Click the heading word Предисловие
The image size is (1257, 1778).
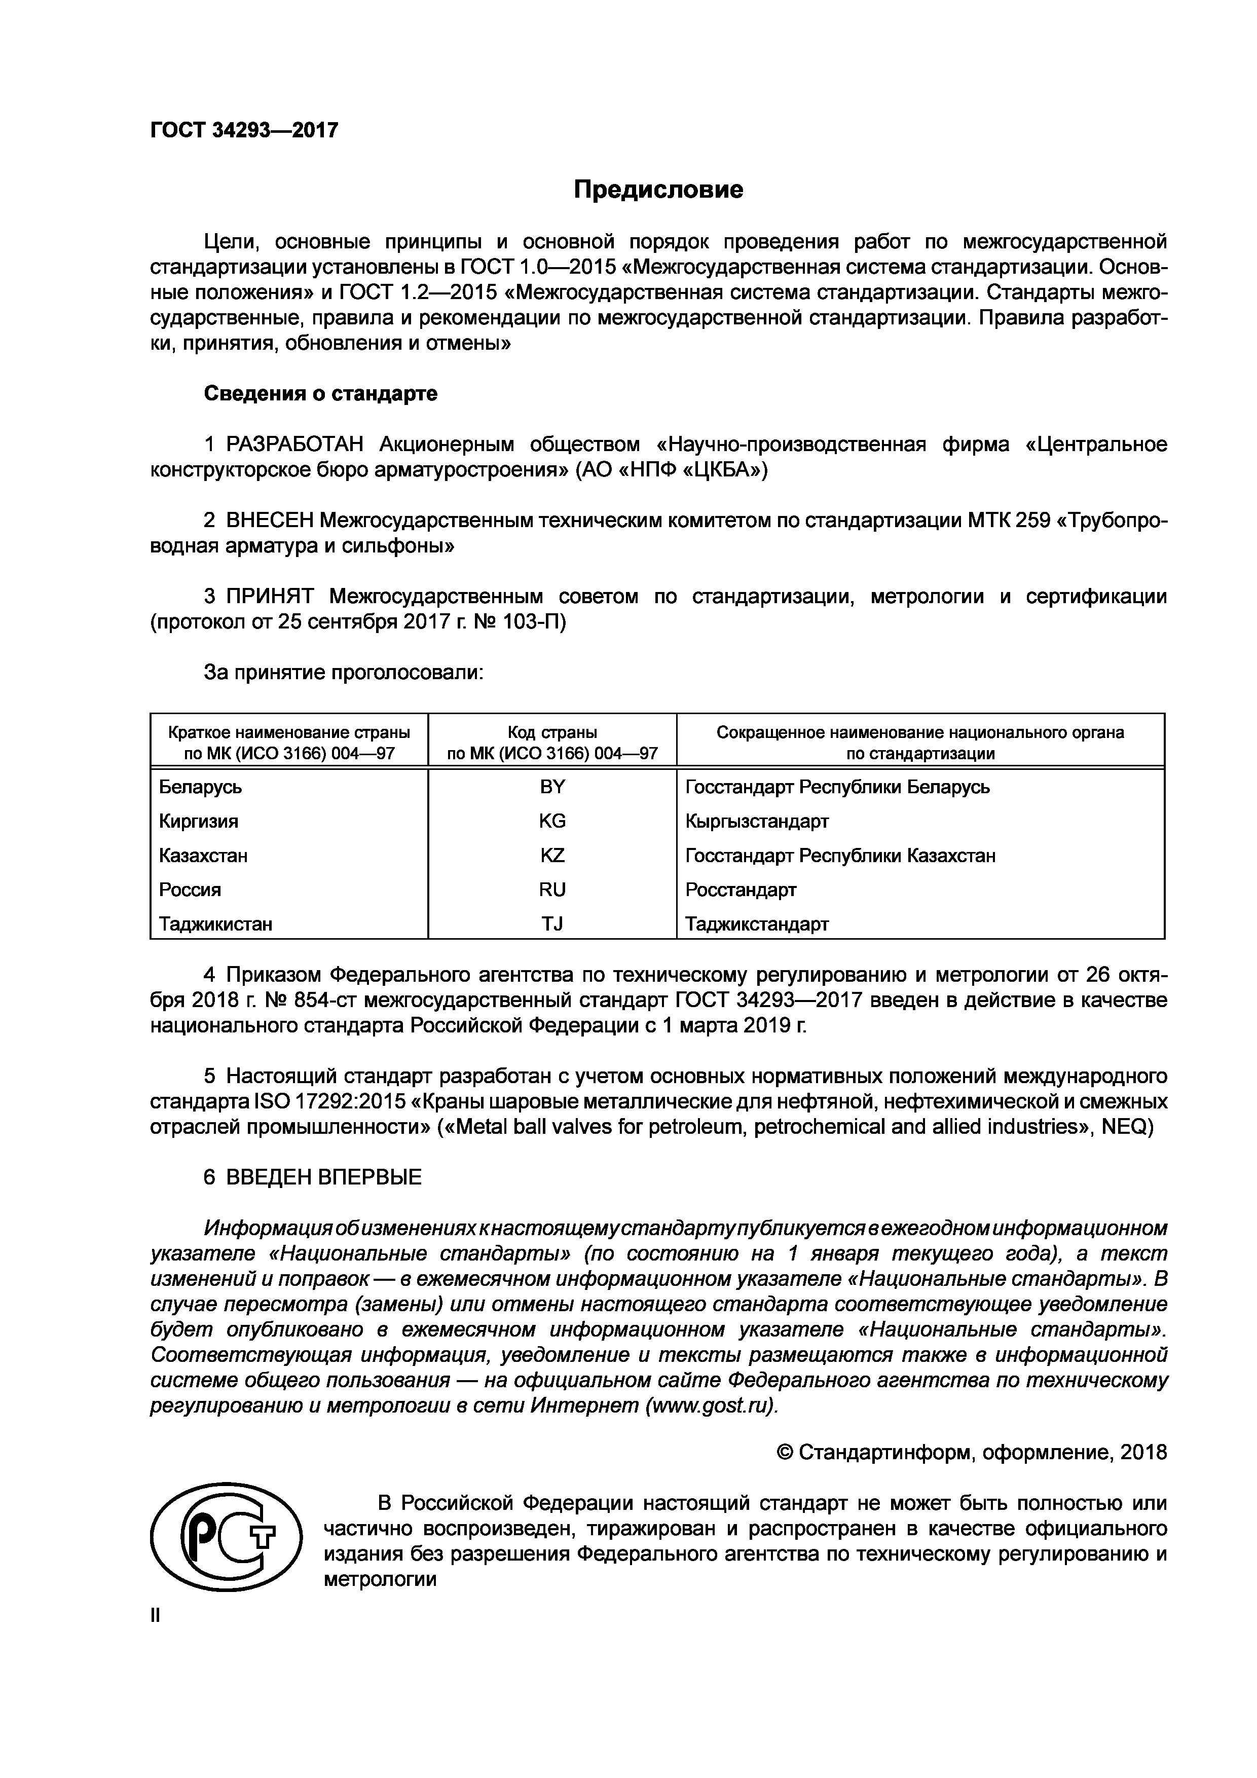pyautogui.click(x=658, y=190)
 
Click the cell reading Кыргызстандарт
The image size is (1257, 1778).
pyautogui.click(x=757, y=821)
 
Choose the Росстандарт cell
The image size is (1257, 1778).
pyautogui.click(x=741, y=890)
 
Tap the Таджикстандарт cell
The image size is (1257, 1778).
pyautogui.click(x=757, y=924)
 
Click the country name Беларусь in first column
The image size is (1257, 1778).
pyautogui.click(x=201, y=787)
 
